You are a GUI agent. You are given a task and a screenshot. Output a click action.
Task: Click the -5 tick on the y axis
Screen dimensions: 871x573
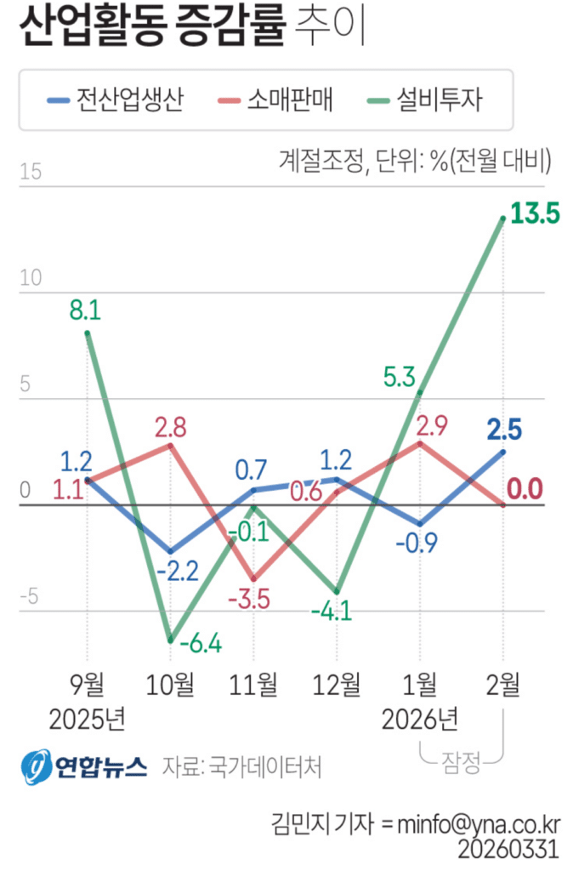31,597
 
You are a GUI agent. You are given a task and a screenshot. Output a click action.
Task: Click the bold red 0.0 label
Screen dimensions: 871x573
525,489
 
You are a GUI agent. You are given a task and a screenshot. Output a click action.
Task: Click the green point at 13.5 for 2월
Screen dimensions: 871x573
503,219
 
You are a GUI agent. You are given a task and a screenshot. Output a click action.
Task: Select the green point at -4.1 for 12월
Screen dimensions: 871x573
337,592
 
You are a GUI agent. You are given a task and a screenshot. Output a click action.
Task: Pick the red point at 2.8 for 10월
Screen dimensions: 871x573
171,446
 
